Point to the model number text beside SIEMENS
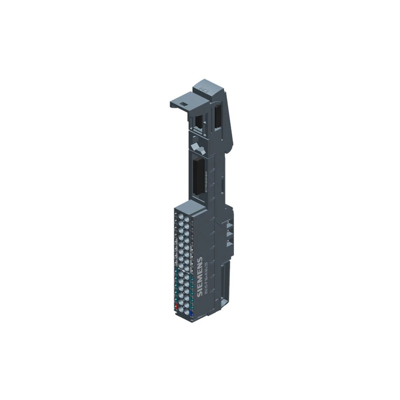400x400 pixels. (x=205, y=280)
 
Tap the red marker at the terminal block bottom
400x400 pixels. (x=176, y=306)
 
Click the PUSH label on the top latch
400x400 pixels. (x=203, y=89)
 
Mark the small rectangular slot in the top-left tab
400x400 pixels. (x=183, y=103)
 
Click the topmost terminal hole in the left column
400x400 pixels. (x=178, y=213)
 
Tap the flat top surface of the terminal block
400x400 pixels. (x=190, y=206)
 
